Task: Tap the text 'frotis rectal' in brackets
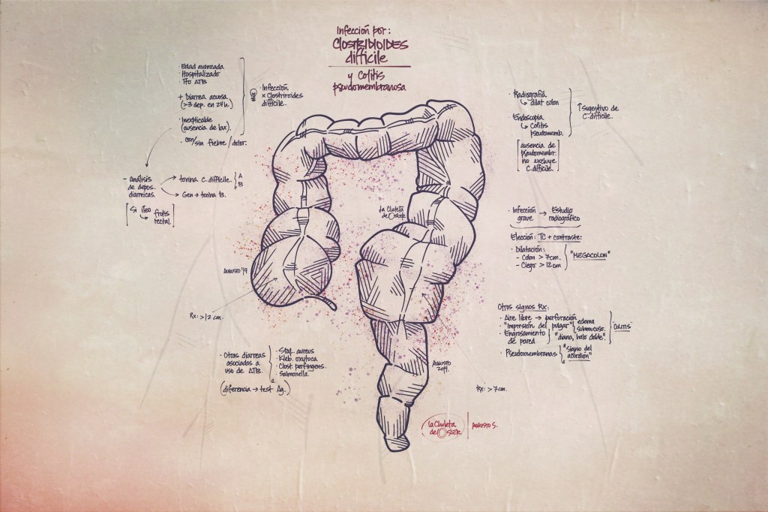pos(160,215)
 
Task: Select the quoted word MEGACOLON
pos(589,255)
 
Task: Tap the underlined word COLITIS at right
pos(622,327)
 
